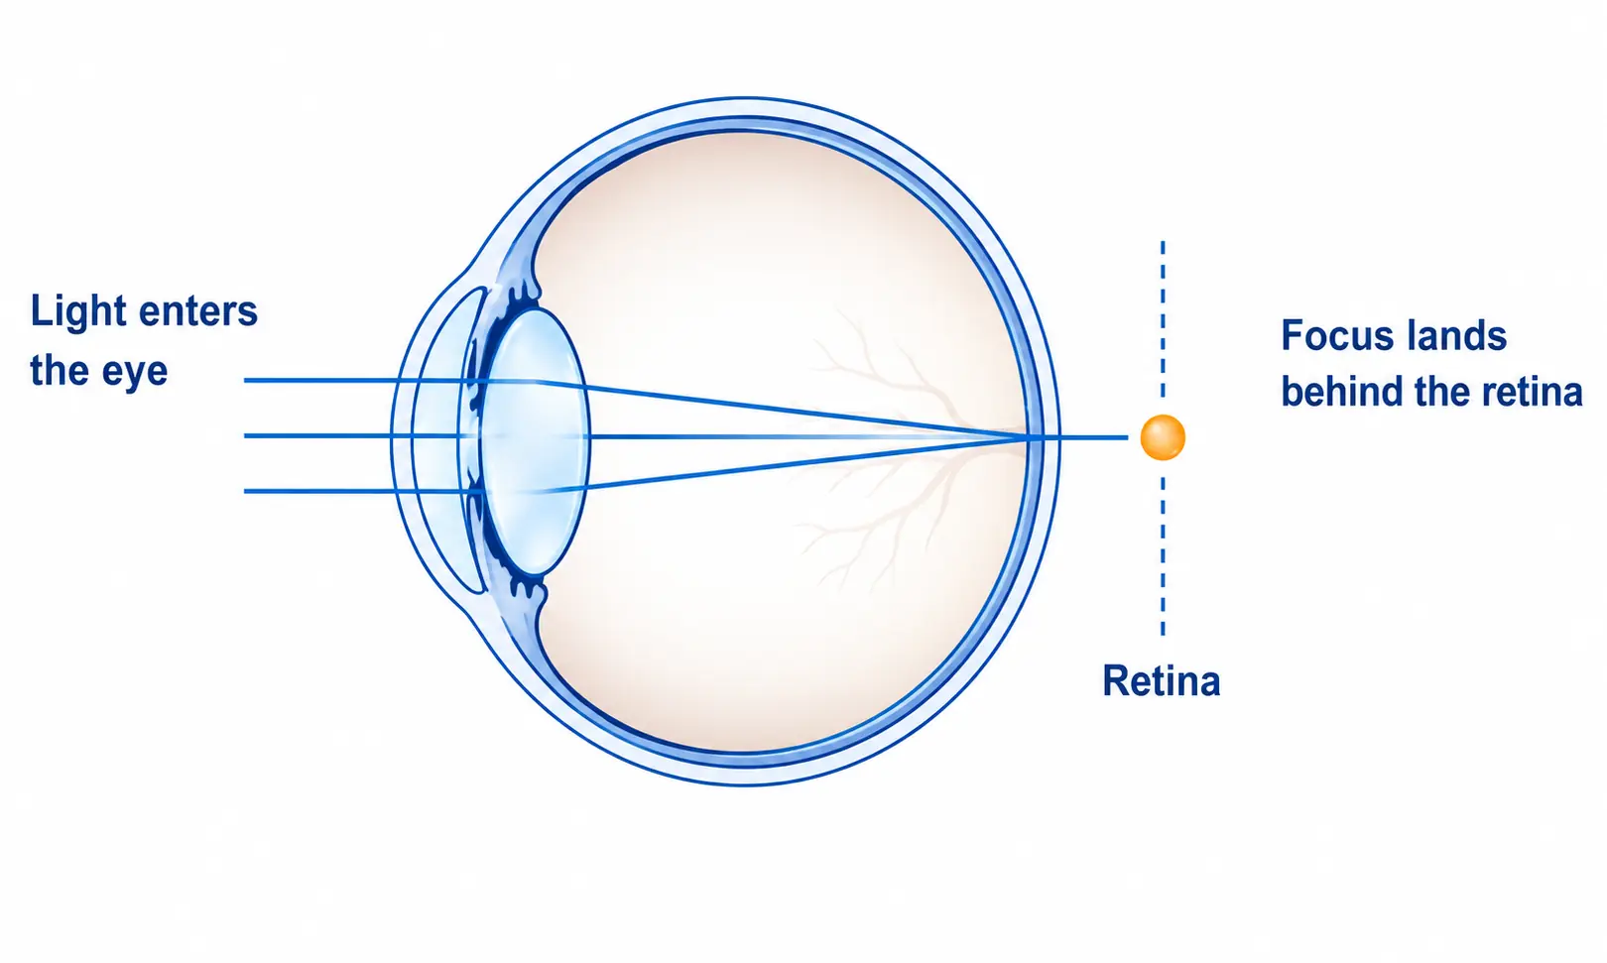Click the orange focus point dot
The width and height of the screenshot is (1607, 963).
point(1163,437)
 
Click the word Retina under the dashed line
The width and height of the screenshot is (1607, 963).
point(1161,680)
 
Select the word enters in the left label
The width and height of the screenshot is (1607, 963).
point(198,312)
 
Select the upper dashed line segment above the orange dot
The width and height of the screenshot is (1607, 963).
point(1163,319)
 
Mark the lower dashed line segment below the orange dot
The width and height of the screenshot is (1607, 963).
point(1163,556)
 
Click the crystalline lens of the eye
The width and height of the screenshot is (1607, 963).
point(535,441)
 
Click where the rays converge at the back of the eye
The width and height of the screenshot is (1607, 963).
point(1026,436)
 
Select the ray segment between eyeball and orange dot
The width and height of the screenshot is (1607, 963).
point(1093,436)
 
